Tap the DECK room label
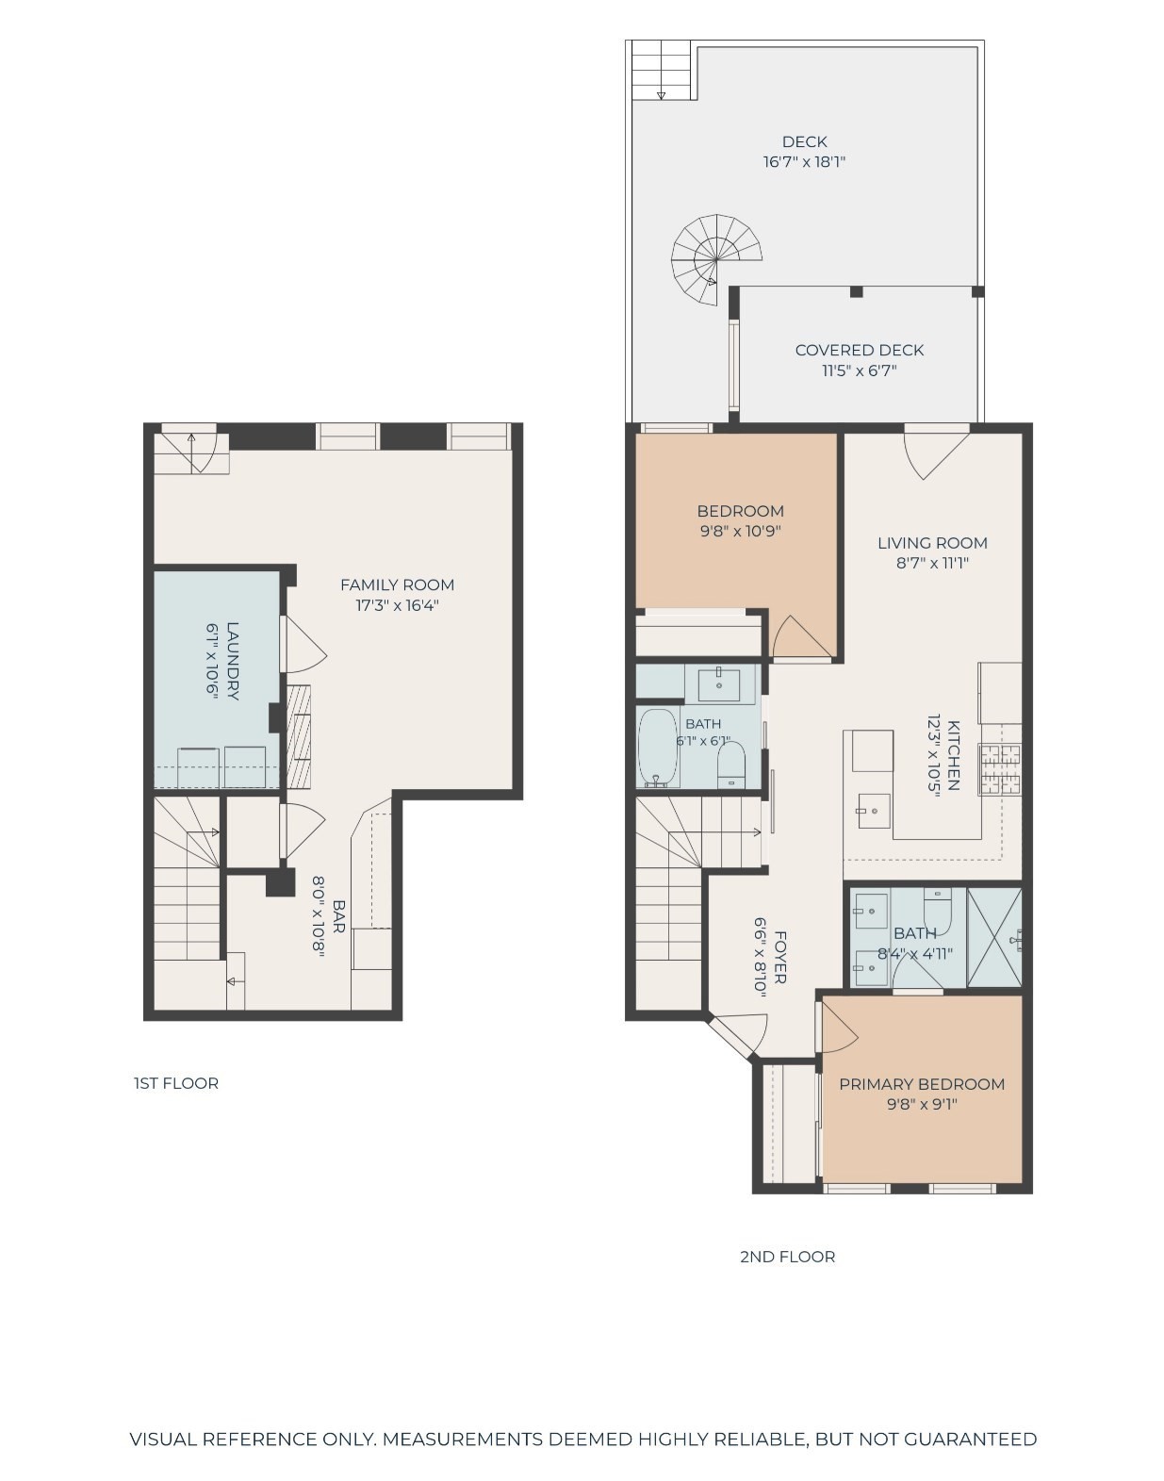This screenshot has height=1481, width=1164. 804,141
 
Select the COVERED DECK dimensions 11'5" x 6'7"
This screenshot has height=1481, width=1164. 860,370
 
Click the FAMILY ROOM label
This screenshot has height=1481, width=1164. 397,585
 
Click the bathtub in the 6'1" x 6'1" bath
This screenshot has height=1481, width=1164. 659,749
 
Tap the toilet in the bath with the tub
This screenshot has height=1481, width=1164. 731,765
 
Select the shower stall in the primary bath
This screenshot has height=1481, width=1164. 994,937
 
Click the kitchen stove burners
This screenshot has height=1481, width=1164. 1000,770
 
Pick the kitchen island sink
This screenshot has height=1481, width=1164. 873,811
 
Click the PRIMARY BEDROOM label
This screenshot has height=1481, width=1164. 922,1085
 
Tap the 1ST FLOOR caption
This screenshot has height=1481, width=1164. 176,1083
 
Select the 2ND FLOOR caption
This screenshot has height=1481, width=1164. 788,1257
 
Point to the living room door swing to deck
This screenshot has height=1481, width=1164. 937,452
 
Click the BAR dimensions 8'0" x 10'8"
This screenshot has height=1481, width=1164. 319,916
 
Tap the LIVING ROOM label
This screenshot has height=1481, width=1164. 932,543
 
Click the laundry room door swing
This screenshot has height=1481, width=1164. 303,644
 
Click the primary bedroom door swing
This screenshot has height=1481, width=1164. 839,1026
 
